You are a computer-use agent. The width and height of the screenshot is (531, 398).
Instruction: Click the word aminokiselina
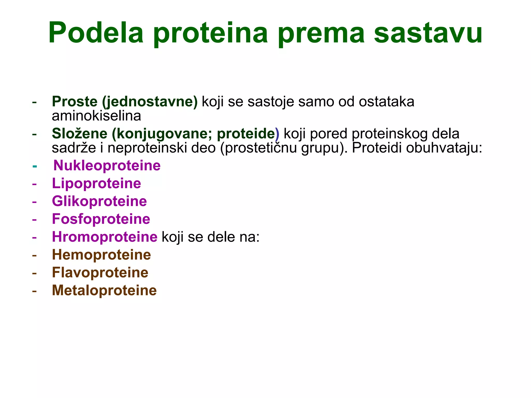tap(96, 116)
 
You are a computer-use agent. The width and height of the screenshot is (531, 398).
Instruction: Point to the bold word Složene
tap(79, 134)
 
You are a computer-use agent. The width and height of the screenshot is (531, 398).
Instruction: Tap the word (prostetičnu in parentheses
tap(258, 148)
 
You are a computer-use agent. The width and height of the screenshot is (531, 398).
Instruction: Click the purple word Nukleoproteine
tap(107, 166)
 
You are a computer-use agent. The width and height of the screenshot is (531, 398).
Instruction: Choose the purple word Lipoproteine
tap(96, 183)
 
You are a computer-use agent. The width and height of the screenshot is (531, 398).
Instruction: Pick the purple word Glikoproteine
tap(99, 201)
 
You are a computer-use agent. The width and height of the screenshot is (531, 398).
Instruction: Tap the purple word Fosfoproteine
tap(101, 219)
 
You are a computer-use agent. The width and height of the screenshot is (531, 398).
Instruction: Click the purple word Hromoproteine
tap(104, 237)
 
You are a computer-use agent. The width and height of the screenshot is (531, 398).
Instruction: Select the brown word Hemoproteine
tap(101, 255)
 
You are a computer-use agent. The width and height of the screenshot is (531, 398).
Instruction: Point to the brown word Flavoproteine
tap(100, 273)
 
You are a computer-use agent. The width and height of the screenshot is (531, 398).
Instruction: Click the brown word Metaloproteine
tap(104, 290)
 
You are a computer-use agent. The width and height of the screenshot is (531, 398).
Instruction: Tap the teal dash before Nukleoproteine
tap(34, 166)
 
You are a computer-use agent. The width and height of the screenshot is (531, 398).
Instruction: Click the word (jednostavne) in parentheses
tap(150, 102)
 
